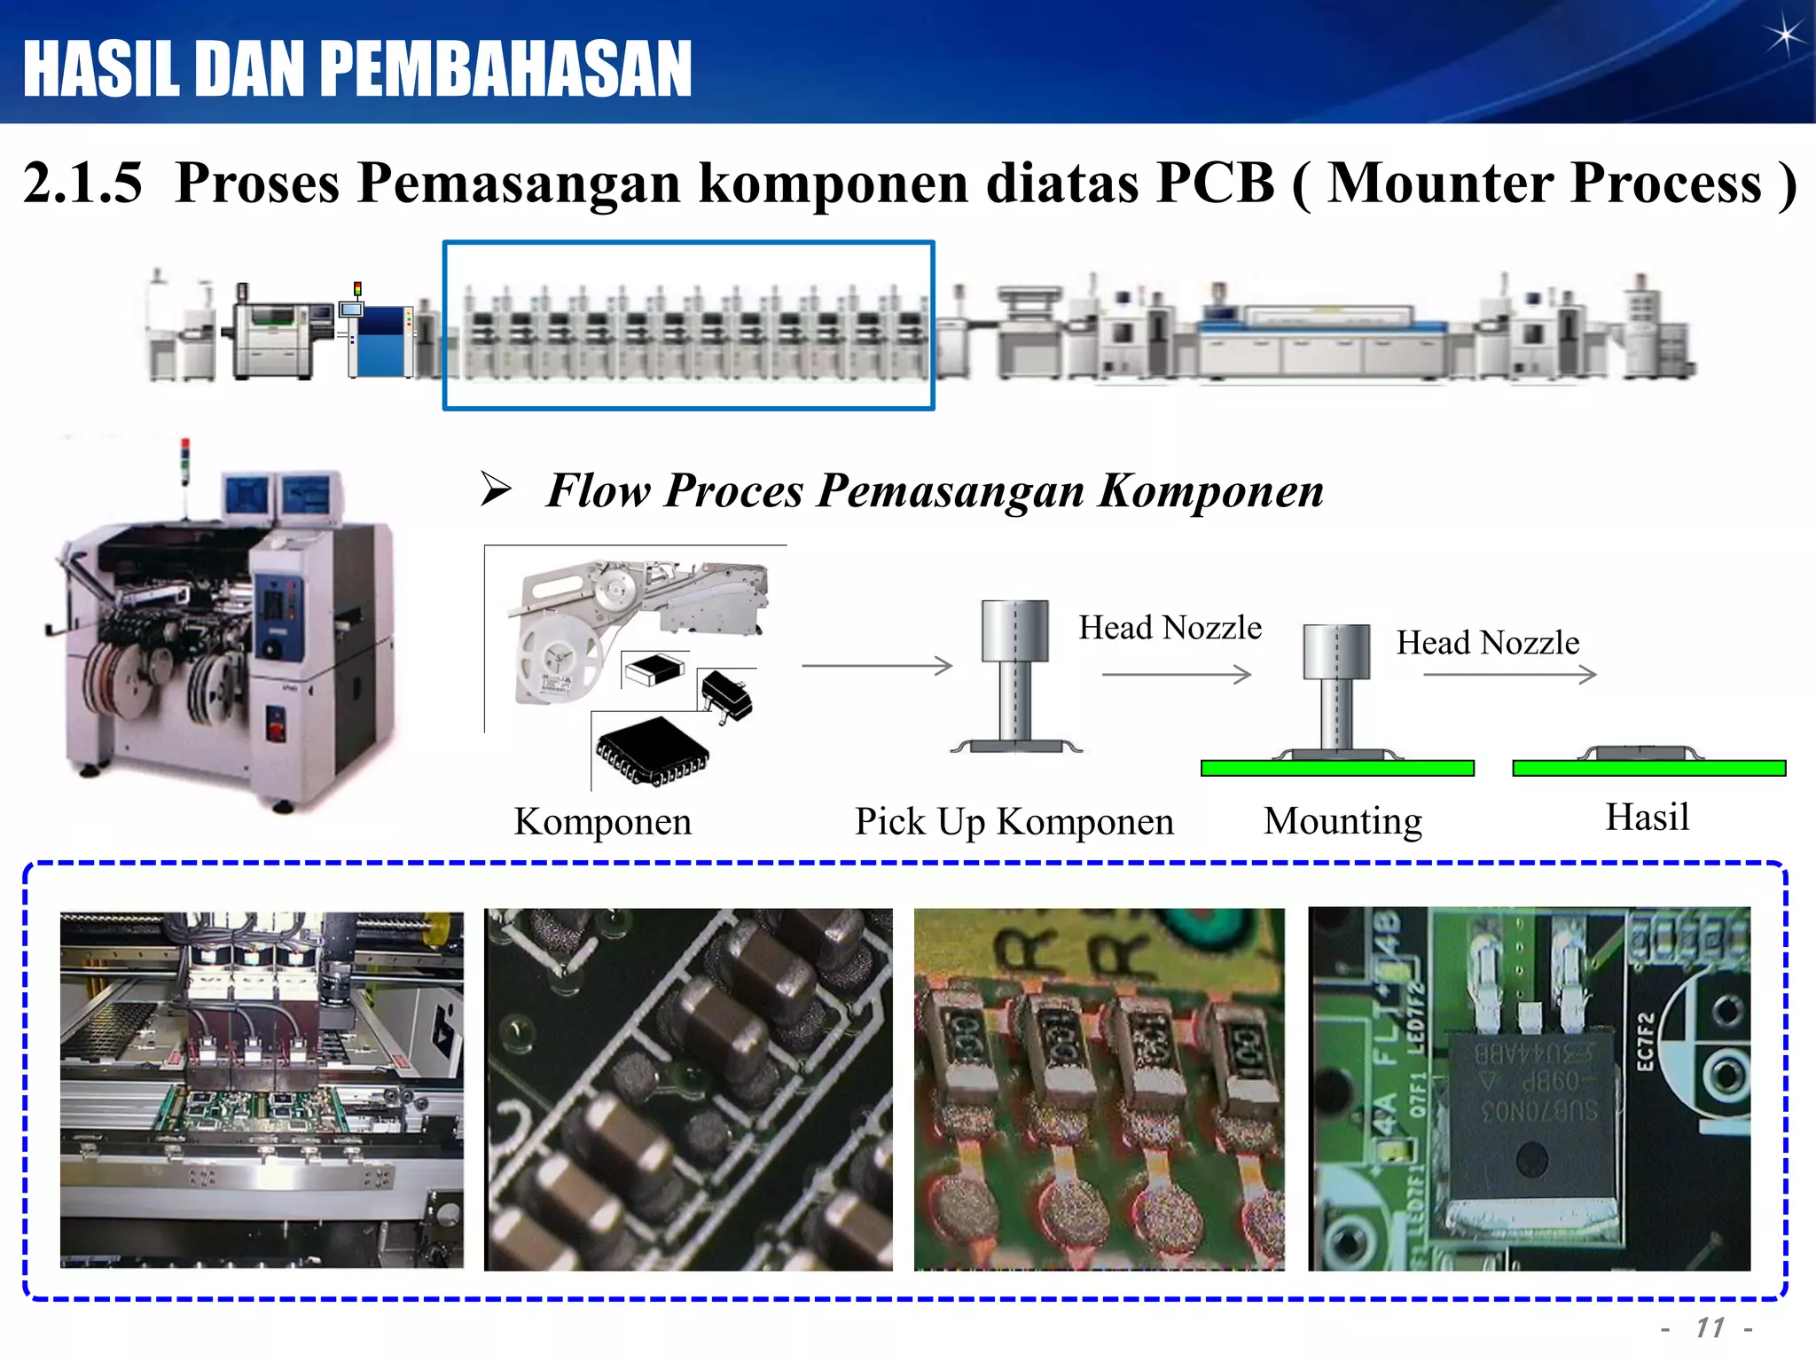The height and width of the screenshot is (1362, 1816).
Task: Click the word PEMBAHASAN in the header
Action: (505, 69)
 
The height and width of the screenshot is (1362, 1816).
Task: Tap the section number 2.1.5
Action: (82, 183)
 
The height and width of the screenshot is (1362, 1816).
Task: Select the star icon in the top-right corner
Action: (1782, 37)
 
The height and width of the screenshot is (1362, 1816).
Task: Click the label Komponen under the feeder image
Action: (602, 821)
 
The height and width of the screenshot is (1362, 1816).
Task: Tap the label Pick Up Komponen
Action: (1014, 821)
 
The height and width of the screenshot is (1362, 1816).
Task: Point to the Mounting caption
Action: (1342, 821)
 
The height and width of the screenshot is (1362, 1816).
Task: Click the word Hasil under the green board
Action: (1647, 817)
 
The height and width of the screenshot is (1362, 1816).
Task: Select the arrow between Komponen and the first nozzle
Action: (876, 665)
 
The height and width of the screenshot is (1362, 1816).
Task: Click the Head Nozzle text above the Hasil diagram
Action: (1487, 642)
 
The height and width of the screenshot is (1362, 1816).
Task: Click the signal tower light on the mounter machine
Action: (185, 461)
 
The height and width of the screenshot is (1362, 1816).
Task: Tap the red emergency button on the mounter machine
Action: (275, 730)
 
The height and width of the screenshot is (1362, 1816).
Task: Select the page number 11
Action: (1710, 1327)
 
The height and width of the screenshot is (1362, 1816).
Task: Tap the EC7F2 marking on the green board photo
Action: (1645, 1043)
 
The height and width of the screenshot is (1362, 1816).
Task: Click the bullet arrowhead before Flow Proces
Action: (496, 489)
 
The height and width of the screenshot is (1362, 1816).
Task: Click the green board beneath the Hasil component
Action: (1648, 768)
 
